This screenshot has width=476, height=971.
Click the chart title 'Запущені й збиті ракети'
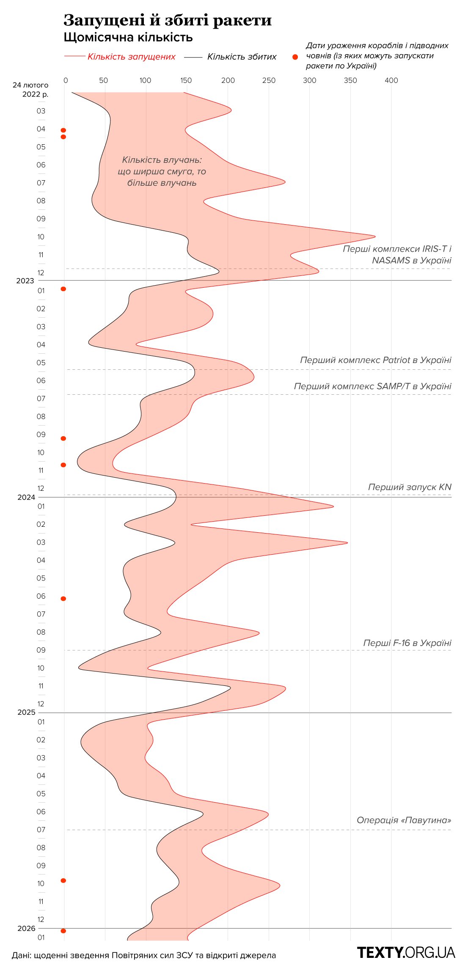(x=168, y=20)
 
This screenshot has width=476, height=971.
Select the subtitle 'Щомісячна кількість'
(x=128, y=37)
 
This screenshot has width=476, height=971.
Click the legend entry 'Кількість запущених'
(x=131, y=57)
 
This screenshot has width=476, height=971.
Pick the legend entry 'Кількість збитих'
(x=242, y=57)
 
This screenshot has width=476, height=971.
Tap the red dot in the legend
(x=295, y=57)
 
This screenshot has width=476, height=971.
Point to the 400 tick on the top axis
(x=391, y=80)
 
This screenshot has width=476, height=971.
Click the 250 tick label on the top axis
(x=269, y=80)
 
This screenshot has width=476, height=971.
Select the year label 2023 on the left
(x=25, y=281)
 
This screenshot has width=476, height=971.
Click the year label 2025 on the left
(x=26, y=712)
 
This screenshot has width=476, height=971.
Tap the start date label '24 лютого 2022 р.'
(x=31, y=89)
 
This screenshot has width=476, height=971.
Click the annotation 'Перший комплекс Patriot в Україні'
(x=376, y=360)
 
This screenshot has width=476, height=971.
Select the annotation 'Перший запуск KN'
(x=410, y=487)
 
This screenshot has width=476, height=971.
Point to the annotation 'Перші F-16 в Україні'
(x=407, y=643)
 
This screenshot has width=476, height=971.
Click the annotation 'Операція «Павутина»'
(x=404, y=820)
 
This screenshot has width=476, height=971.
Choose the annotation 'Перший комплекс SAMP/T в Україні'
(x=373, y=386)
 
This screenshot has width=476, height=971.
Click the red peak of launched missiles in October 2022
(x=374, y=236)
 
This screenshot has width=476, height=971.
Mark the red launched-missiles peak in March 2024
(x=347, y=542)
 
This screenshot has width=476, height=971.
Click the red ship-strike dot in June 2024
(x=63, y=599)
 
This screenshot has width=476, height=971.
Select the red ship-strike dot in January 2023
(x=63, y=289)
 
